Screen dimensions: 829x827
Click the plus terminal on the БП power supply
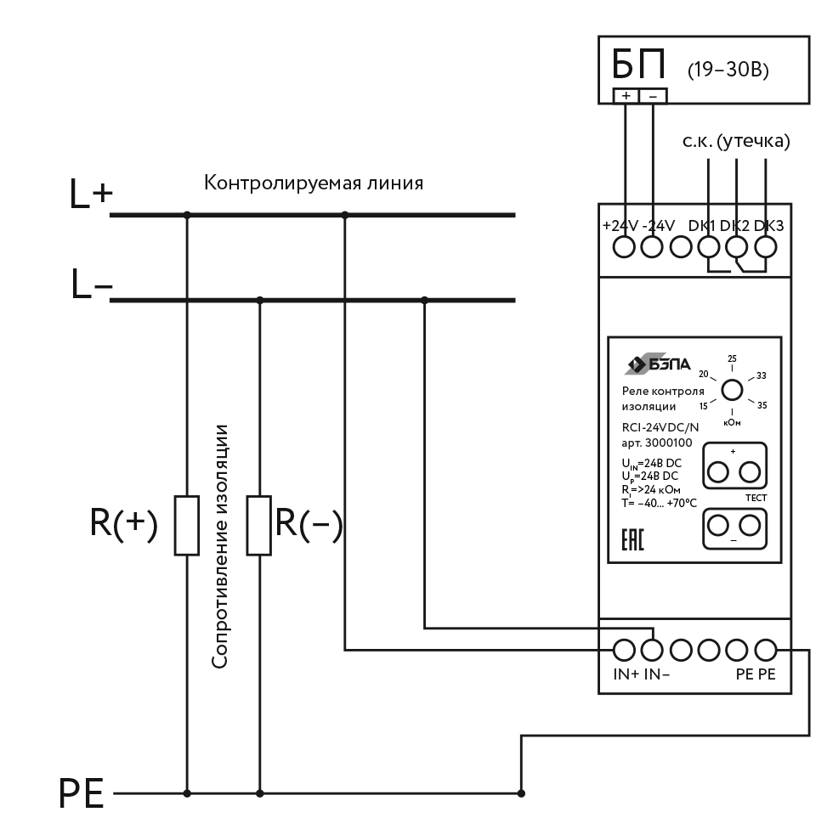coord(626,96)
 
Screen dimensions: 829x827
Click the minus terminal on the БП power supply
coord(653,96)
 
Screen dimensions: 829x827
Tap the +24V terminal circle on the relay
coord(626,247)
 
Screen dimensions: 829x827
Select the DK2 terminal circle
coord(736,247)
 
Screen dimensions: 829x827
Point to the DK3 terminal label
coord(768,226)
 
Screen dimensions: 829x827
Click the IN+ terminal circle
coord(626,650)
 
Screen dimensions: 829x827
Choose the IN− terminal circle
coord(653,650)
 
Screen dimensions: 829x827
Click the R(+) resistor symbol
coord(187,526)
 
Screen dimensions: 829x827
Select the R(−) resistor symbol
coord(259,526)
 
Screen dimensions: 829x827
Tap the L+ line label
coord(90,197)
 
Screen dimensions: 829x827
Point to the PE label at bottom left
coord(82,795)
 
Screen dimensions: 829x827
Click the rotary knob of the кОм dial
coord(732,390)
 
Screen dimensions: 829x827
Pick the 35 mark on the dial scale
coord(762,405)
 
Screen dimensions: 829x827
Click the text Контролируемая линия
coord(314,183)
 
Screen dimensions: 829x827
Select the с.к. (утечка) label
coord(736,142)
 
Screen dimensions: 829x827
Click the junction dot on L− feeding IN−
coord(424,299)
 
